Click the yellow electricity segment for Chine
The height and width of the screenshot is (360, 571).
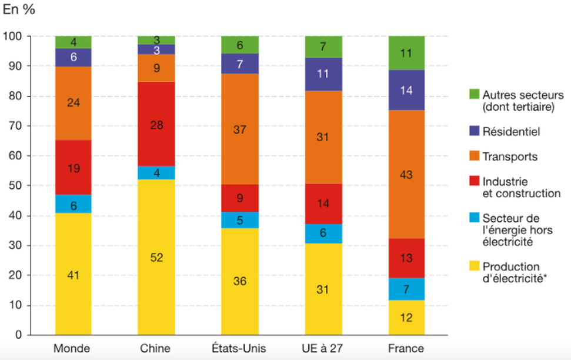click(156, 257)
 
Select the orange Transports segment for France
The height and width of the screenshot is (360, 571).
click(406, 174)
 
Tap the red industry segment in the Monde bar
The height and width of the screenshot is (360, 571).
click(73, 168)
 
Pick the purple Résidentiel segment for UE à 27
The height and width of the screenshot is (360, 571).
click(323, 74)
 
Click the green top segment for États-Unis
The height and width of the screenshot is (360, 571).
click(239, 44)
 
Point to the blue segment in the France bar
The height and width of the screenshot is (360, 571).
click(406, 289)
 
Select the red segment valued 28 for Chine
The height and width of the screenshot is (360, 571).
click(156, 124)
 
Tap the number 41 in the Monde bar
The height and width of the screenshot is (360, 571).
click(73, 274)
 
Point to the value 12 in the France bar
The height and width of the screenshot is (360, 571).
click(406, 318)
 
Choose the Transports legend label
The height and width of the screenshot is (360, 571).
click(510, 156)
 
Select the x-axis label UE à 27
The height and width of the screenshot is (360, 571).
click(323, 348)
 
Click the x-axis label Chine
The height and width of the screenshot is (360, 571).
click(156, 348)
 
